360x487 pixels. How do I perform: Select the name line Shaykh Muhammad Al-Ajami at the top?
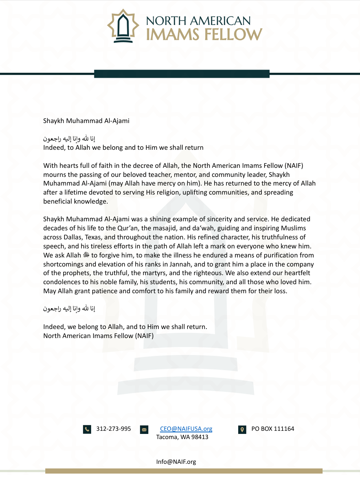pos(86,121)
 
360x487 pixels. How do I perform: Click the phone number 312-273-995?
pos(114,429)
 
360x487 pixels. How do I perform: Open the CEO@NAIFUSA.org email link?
pos(186,429)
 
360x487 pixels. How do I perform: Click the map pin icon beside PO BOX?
pos(242,429)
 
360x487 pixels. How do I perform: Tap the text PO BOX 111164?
pos(273,429)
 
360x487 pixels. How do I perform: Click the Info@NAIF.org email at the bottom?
pos(176,462)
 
